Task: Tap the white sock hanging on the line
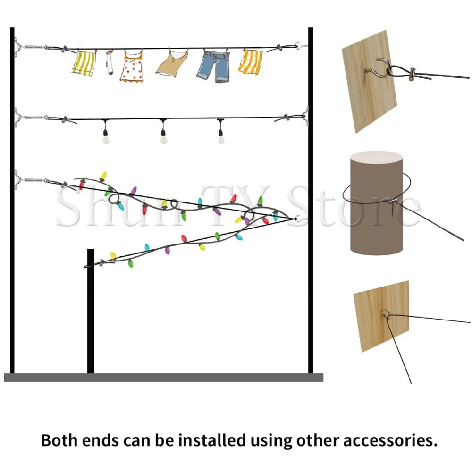coord(109,64)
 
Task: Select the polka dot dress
coord(131,67)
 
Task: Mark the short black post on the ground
coord(91,312)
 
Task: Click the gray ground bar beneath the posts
coord(163,378)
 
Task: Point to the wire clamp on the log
coord(393,203)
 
